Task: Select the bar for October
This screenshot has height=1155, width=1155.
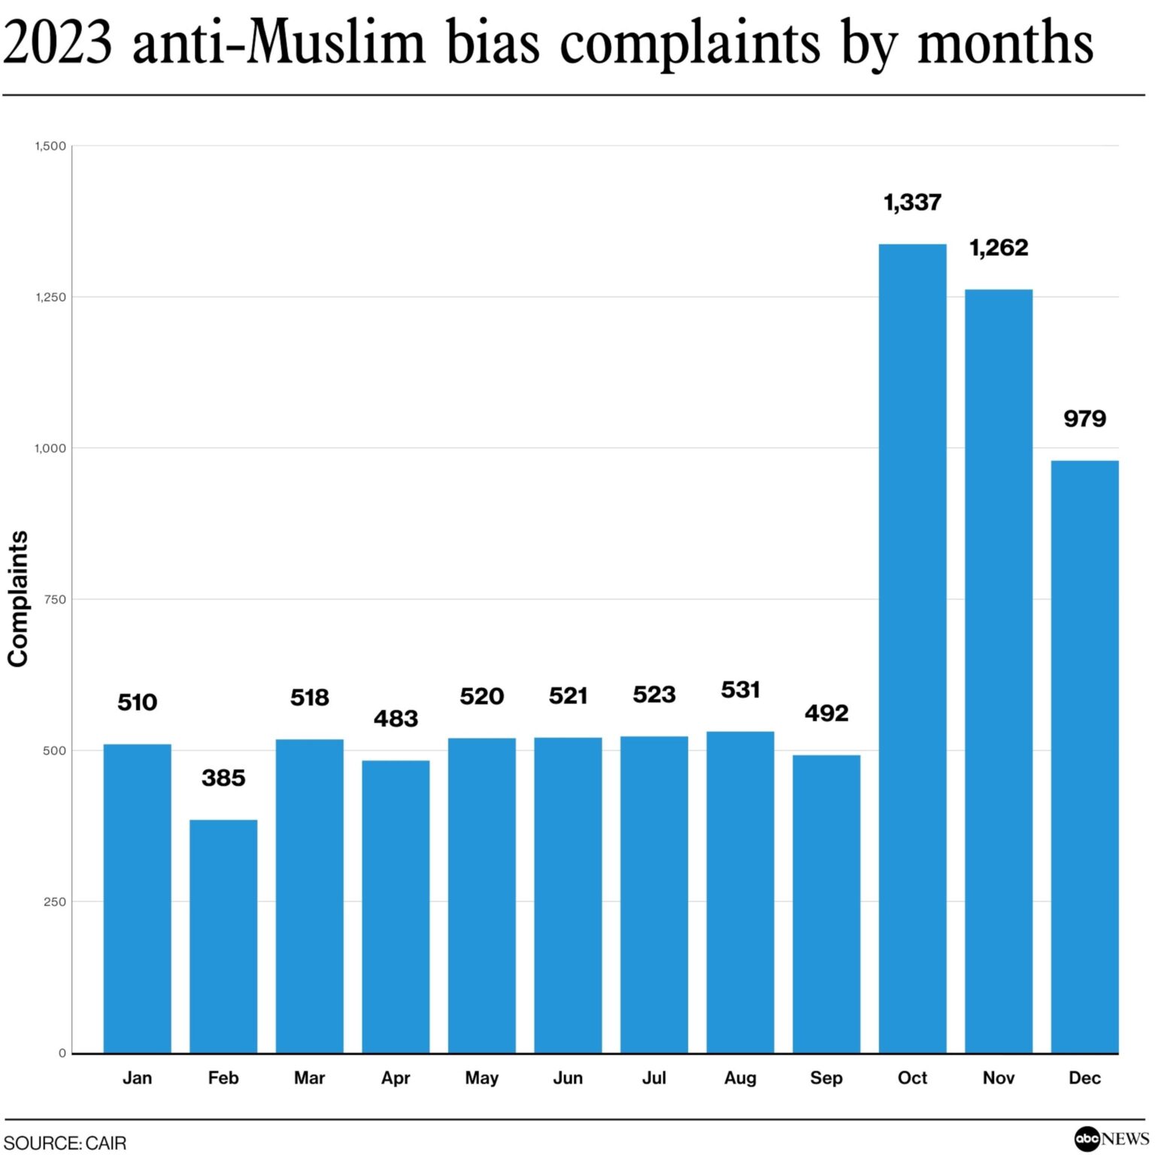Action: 912,648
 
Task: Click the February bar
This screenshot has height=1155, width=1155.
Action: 223,935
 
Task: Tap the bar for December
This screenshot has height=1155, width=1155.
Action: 1084,756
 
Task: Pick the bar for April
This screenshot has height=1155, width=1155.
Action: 396,906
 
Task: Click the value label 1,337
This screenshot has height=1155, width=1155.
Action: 912,202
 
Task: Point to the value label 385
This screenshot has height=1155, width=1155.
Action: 223,778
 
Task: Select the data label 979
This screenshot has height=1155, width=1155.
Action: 1084,419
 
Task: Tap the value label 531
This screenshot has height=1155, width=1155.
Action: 740,690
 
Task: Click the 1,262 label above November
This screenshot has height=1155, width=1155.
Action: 999,247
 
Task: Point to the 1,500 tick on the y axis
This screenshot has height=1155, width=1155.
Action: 50,146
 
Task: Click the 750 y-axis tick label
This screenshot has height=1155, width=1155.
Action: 55,599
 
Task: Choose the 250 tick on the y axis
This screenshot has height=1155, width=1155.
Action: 55,902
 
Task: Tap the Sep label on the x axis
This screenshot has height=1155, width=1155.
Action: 826,1078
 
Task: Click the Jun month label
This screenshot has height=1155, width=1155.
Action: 568,1078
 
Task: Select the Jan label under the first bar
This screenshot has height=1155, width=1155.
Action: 137,1078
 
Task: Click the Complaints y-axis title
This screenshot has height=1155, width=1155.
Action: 18,599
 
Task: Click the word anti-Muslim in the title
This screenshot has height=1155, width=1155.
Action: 279,42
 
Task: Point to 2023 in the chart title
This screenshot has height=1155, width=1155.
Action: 58,42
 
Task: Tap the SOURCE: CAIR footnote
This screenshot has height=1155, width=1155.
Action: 65,1143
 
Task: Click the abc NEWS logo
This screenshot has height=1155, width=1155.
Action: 1111,1139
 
